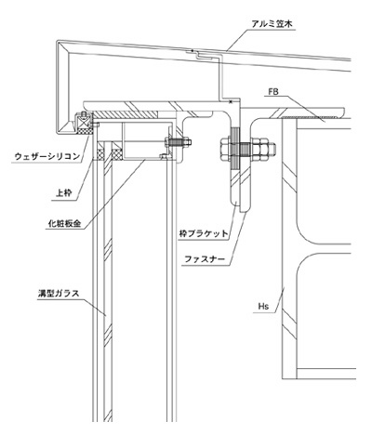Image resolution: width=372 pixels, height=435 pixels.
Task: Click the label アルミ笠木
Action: (272, 24)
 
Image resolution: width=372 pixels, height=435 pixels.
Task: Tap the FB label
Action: (273, 92)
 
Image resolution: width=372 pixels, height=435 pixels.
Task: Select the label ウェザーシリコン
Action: (47, 156)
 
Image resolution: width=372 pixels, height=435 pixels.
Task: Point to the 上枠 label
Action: (64, 193)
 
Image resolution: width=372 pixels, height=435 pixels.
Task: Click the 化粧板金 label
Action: (64, 224)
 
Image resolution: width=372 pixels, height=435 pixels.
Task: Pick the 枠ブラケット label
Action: (204, 233)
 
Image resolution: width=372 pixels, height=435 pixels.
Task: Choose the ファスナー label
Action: (205, 258)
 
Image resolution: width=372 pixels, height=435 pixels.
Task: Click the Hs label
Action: (263, 307)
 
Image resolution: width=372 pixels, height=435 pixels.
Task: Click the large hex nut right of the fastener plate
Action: (259, 149)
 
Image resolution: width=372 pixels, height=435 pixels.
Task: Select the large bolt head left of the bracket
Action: (225, 149)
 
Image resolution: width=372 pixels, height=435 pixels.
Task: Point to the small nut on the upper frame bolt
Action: (187, 142)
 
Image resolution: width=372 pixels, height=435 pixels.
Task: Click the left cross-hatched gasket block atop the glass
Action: (100, 154)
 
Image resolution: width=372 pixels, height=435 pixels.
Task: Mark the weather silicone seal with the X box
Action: (84, 124)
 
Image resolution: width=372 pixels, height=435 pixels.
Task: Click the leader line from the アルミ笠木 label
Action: (238, 40)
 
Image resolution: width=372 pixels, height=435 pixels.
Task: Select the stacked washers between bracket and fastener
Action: (235, 149)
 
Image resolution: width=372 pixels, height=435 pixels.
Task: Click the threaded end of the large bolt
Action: (272, 149)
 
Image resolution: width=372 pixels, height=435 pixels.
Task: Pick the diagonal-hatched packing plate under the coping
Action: (126, 114)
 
